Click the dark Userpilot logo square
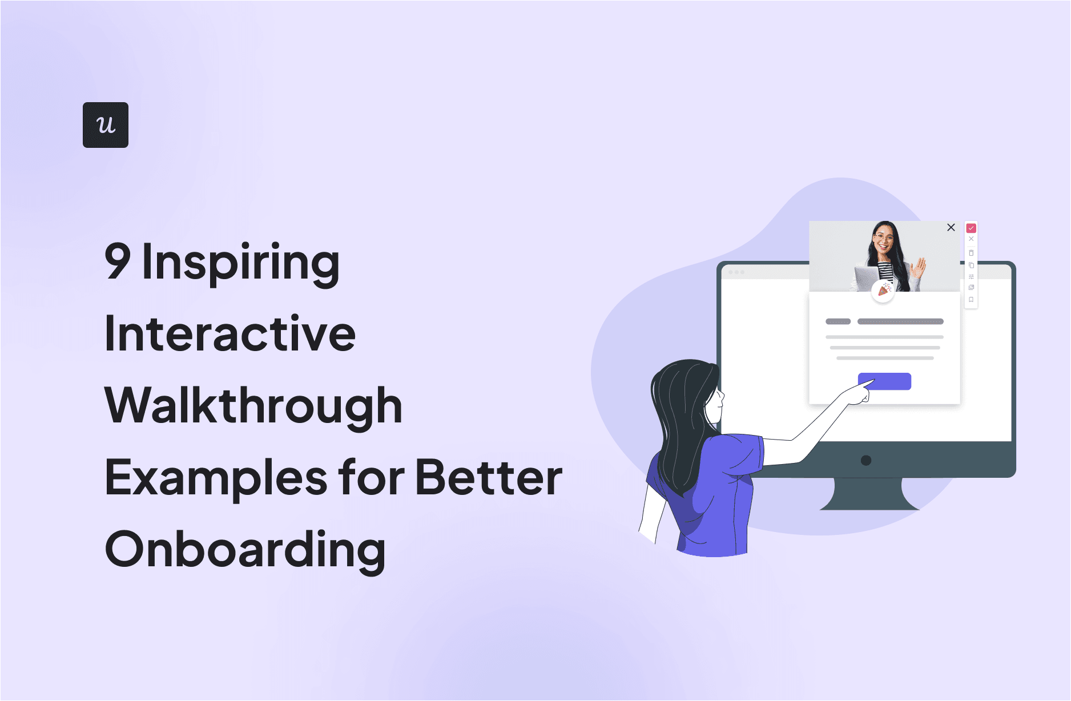[106, 125]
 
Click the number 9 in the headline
[118, 261]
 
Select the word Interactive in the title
[230, 333]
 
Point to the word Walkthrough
[253, 405]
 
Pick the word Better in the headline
[489, 477]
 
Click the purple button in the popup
[884, 381]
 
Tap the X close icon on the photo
[951, 227]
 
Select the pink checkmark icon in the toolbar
[971, 228]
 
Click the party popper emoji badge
[883, 291]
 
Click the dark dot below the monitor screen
[866, 460]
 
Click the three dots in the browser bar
[736, 272]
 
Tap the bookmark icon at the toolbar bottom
[971, 300]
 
